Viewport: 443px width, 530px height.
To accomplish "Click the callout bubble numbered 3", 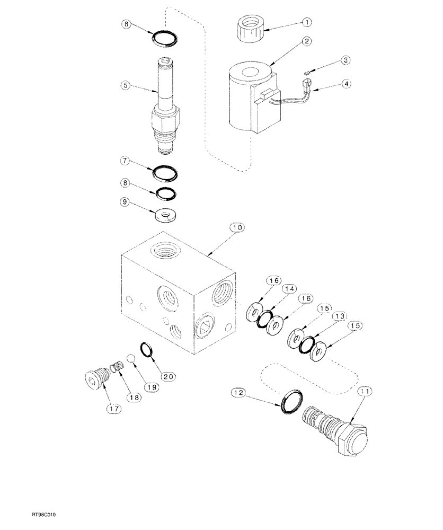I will point(345,60).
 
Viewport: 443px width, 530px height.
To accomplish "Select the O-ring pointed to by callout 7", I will point(165,173).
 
